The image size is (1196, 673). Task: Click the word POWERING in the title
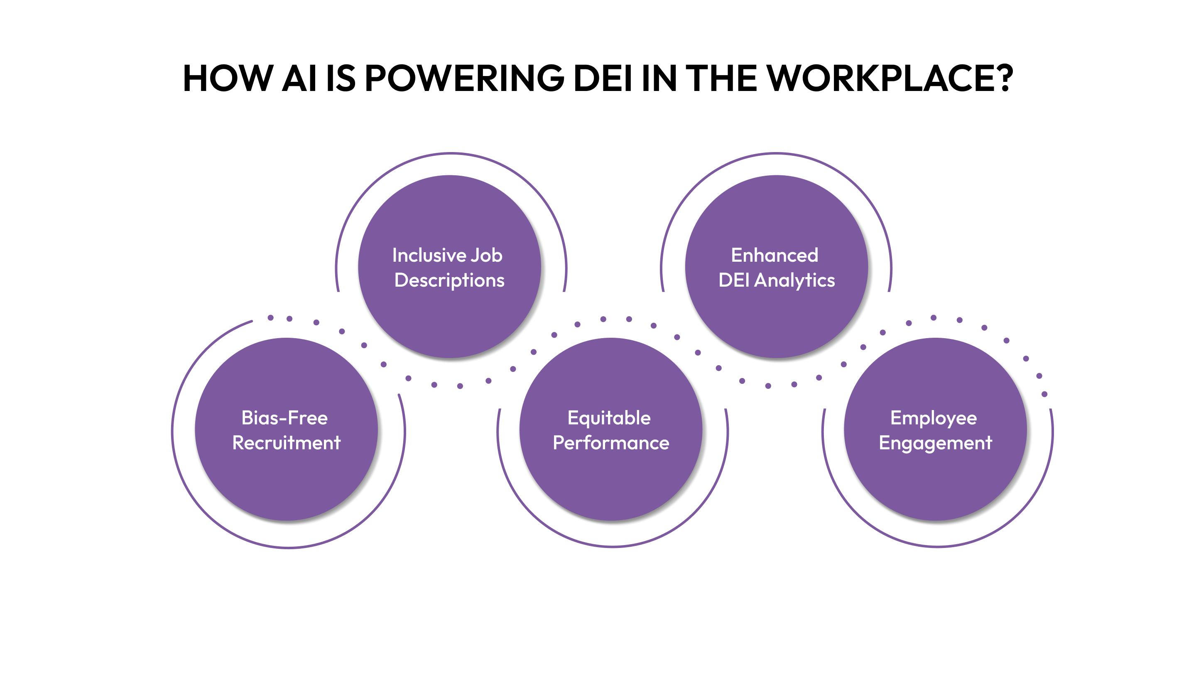tap(464, 78)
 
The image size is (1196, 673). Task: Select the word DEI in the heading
tap(603, 78)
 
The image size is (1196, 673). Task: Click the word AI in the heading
tap(300, 78)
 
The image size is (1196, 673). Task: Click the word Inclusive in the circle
tap(429, 255)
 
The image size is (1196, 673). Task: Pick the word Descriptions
tap(449, 280)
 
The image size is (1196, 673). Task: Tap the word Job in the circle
tap(487, 255)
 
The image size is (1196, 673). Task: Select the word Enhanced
tap(774, 255)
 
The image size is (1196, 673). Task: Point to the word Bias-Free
tap(284, 418)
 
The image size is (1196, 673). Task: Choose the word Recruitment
tap(287, 443)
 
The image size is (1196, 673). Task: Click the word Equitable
tap(609, 418)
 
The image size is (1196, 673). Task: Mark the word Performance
tap(611, 443)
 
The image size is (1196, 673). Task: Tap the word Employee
tap(934, 418)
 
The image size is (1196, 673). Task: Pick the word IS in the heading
tap(341, 78)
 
